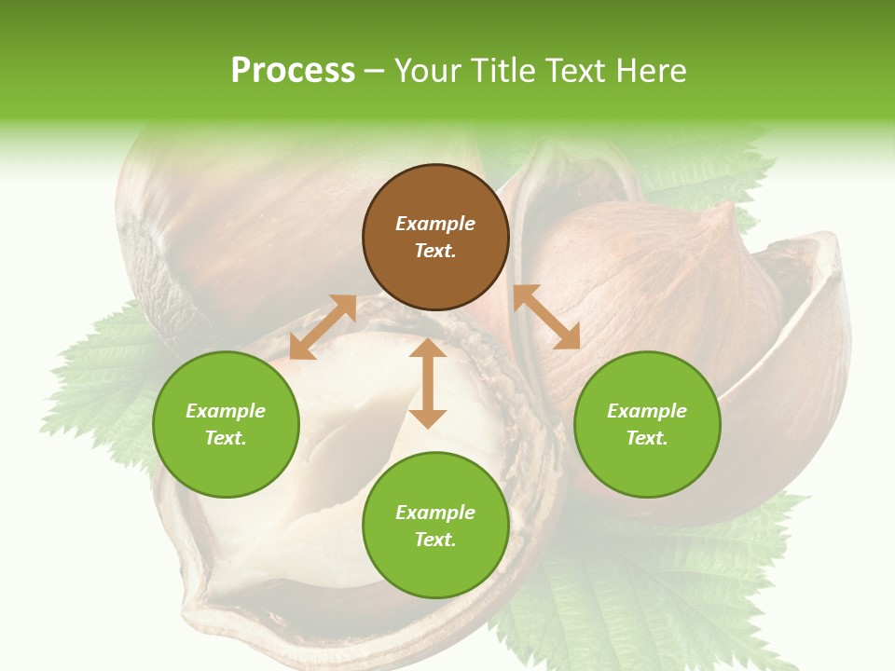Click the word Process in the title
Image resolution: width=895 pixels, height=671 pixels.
293,71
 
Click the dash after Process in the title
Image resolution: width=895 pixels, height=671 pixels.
375,73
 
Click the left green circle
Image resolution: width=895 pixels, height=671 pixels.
226,424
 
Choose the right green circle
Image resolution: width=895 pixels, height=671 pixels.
647,424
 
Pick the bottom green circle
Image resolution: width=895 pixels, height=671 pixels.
435,526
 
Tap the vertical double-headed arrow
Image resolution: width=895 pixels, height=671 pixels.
428,383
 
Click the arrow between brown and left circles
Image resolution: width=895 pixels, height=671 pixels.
323,327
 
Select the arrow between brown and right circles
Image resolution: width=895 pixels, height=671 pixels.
546,317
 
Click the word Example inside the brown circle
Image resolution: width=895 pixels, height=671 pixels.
435,224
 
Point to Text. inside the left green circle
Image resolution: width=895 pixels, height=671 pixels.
226,438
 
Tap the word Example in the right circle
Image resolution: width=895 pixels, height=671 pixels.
647,411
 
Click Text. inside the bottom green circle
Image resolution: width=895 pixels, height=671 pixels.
435,540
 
